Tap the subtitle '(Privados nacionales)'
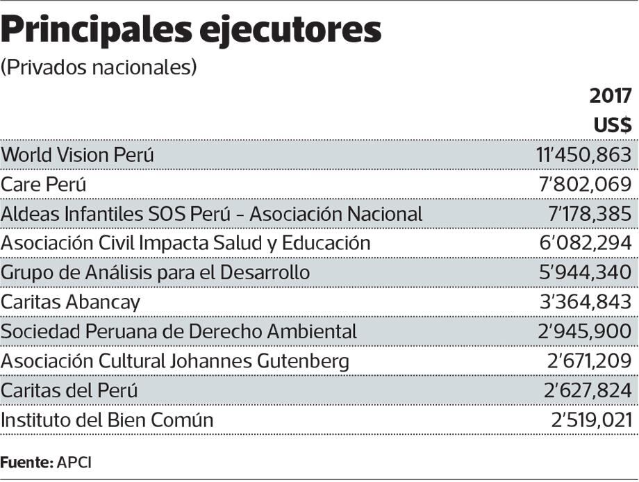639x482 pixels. (99, 67)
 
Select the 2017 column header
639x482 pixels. (611, 96)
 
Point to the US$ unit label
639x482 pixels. (612, 125)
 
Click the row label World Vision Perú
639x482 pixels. (77, 156)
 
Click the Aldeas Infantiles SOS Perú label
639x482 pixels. (211, 214)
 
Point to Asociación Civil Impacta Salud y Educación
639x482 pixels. (185, 243)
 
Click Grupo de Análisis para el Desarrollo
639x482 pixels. (155, 272)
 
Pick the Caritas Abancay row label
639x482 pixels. (70, 302)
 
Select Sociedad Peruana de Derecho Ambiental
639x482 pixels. (179, 331)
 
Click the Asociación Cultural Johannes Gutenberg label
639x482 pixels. (174, 361)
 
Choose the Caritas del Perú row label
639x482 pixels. (69, 390)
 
